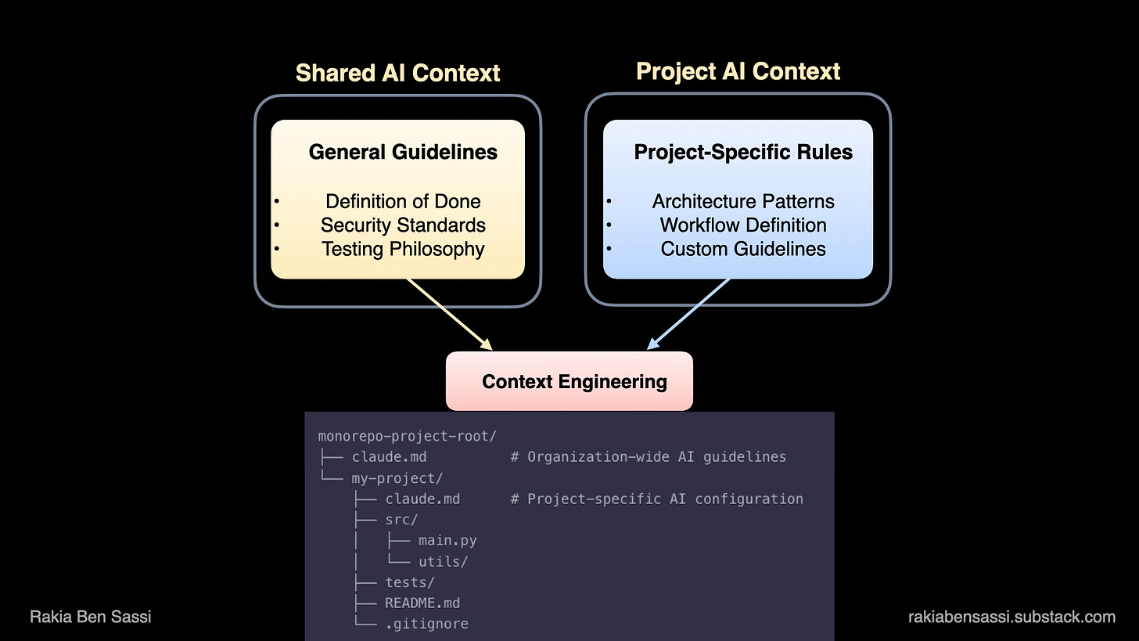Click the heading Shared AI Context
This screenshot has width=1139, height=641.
[x=397, y=73]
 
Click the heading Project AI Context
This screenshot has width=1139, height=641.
[x=738, y=71]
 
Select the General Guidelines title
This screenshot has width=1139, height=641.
[x=403, y=151]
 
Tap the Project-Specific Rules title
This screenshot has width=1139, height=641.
[x=743, y=151]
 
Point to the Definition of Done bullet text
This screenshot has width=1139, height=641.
[x=403, y=201]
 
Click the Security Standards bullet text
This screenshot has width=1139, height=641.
[x=403, y=225]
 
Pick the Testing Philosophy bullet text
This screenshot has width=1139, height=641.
[x=403, y=249]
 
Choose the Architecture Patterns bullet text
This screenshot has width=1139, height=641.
[x=743, y=201]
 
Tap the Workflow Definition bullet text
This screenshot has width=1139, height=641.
[x=743, y=225]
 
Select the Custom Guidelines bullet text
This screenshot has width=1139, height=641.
[x=743, y=249]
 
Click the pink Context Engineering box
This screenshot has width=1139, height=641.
[x=569, y=381]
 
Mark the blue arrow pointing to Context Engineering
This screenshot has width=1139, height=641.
[x=689, y=313]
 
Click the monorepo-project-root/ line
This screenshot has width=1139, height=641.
[x=408, y=436]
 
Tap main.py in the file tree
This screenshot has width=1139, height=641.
[x=447, y=541]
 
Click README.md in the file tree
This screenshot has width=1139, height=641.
[x=422, y=603]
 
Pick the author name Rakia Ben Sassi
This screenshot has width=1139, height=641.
[x=91, y=617]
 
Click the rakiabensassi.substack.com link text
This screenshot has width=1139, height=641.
[x=1011, y=617]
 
